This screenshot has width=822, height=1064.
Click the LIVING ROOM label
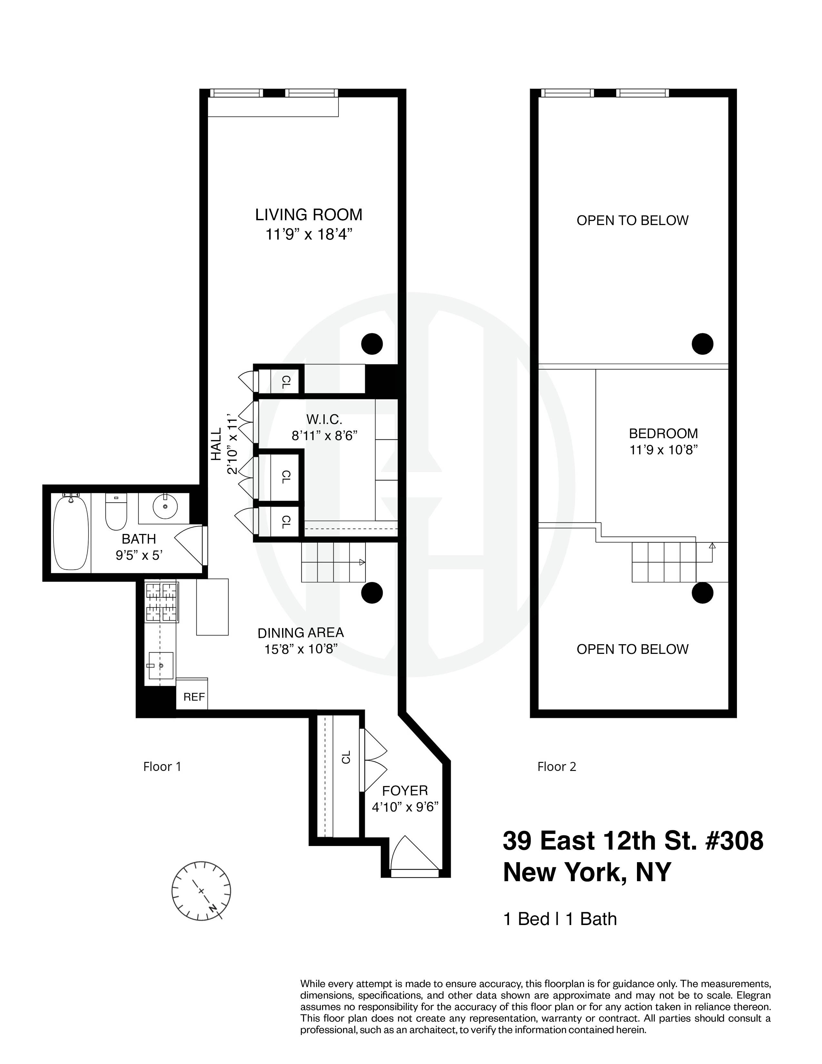(309, 215)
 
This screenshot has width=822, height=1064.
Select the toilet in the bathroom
(116, 512)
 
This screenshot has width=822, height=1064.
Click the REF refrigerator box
(194, 697)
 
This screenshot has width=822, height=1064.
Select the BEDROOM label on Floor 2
(663, 434)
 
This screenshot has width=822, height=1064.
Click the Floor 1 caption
(162, 767)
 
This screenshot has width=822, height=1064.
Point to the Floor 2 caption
(557, 767)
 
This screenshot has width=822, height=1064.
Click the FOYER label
(405, 791)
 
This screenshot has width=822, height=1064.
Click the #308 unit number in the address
(734, 841)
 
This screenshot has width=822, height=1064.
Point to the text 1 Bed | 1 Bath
(560, 919)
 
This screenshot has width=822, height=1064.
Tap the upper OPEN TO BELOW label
(632, 221)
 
